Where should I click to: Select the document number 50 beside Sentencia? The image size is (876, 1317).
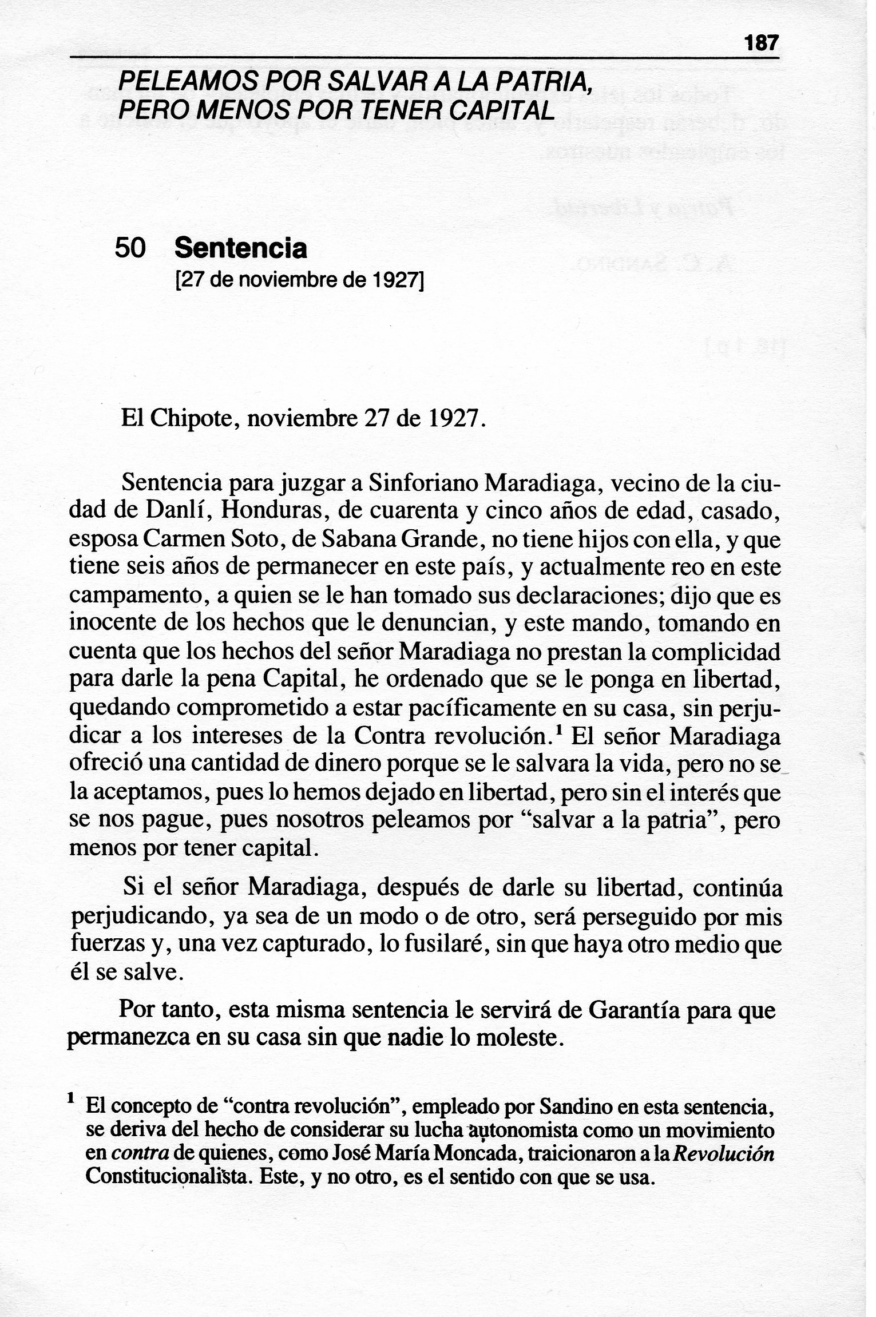(x=130, y=248)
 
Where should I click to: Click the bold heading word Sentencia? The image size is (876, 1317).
(x=241, y=248)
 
